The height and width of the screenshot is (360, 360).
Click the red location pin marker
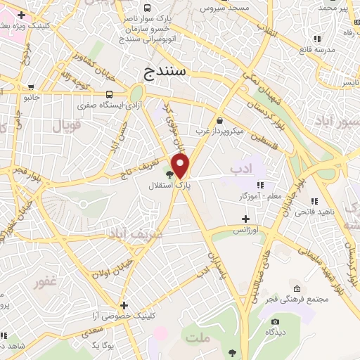(181, 166)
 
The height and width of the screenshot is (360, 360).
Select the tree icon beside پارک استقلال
(169, 174)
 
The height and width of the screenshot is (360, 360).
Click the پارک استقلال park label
(164, 186)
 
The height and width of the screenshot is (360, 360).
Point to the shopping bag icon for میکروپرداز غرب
(220, 120)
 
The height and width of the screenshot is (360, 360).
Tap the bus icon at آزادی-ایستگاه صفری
(109, 94)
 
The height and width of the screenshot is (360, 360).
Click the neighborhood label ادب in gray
(240, 169)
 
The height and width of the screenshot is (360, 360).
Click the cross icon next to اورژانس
(245, 219)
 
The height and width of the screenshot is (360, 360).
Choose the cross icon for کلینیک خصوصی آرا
(124, 305)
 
